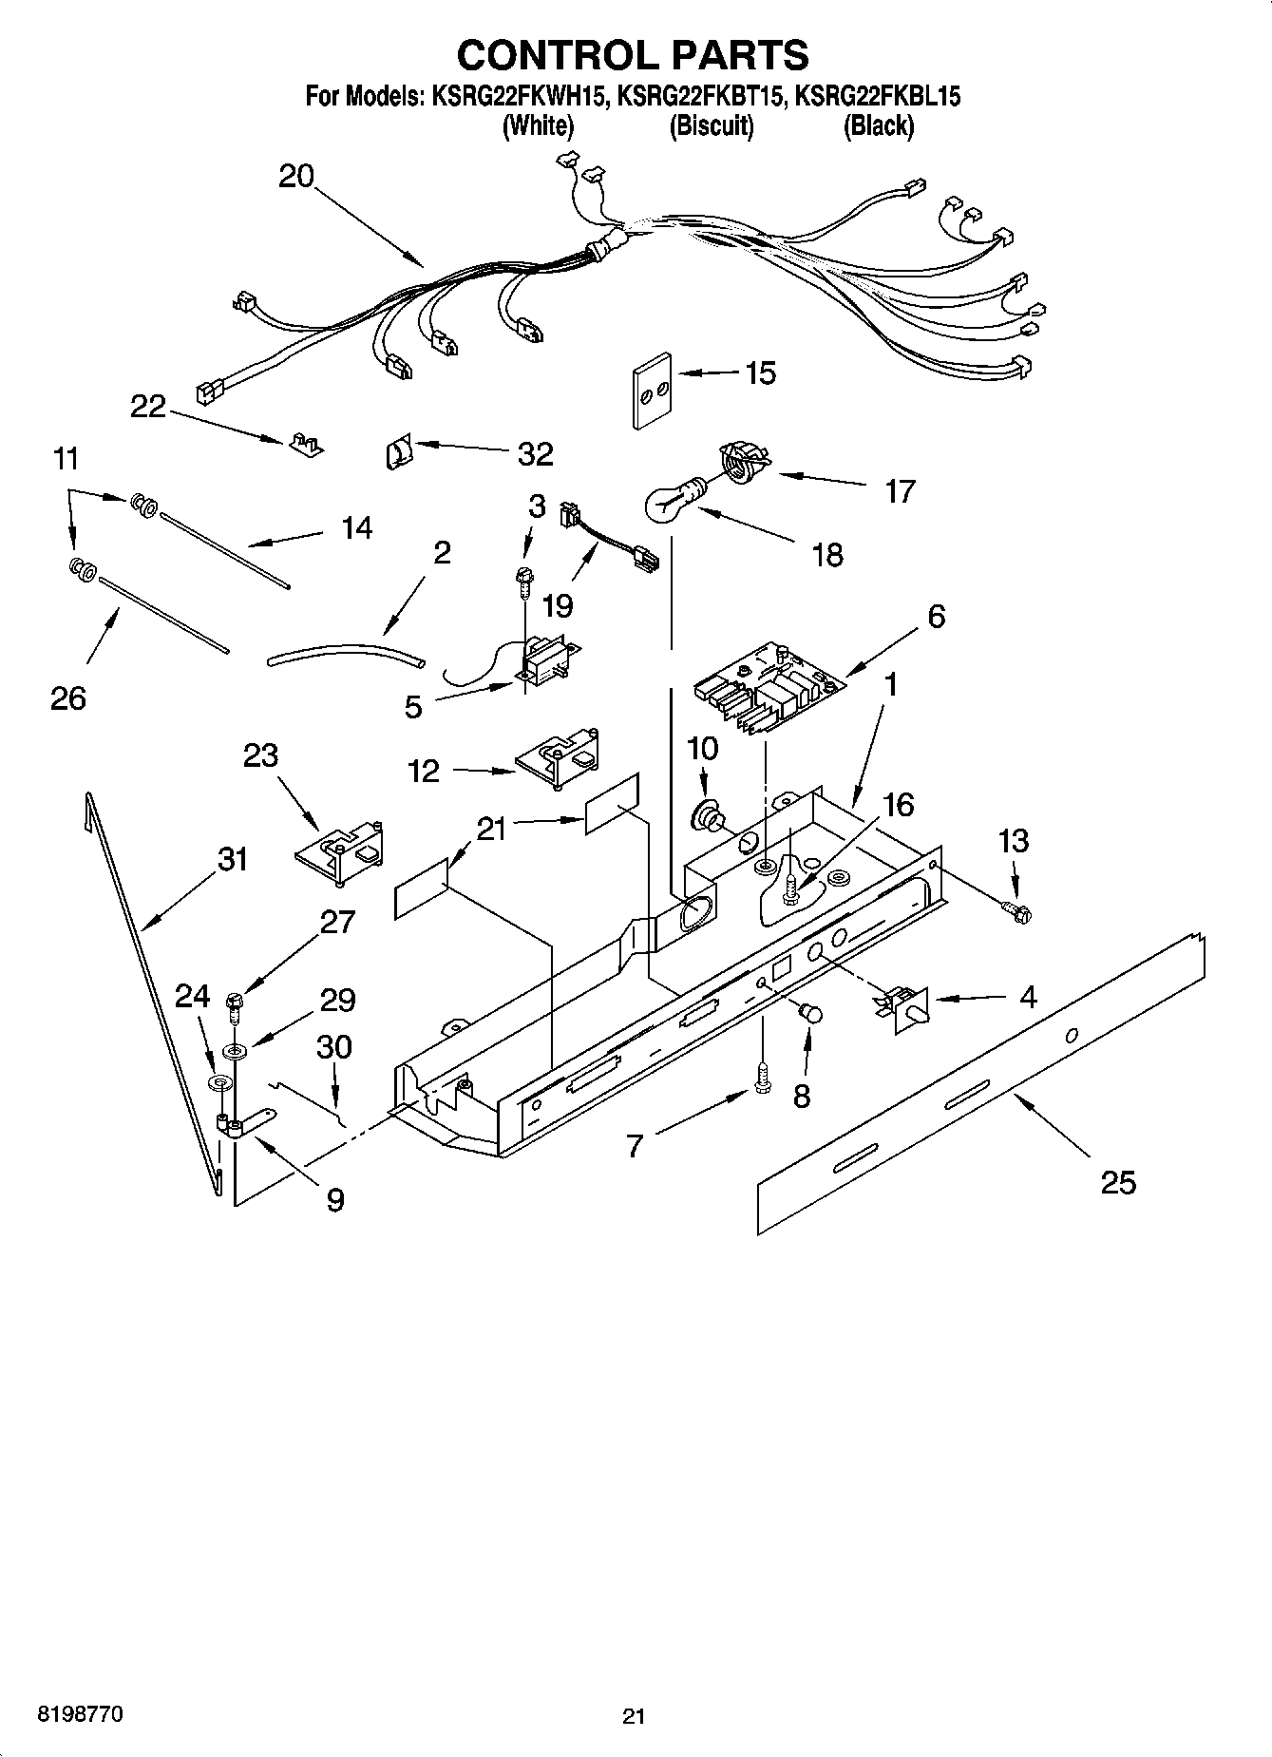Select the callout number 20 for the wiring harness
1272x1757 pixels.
click(x=295, y=176)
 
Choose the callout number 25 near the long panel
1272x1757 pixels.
click(x=1118, y=1182)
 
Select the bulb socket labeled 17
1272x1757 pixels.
click(x=742, y=460)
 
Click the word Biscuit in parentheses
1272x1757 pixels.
click(x=712, y=125)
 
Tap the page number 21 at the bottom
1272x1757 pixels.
click(x=634, y=1716)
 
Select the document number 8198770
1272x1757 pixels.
click(x=79, y=1714)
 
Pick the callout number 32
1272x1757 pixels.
click(x=535, y=453)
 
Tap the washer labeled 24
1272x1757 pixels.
click(x=218, y=1083)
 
